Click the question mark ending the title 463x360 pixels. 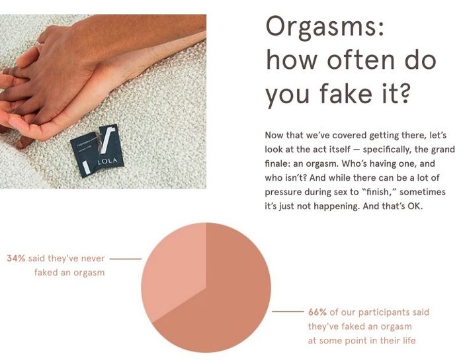coord(402,93)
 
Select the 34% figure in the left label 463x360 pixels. coord(17,258)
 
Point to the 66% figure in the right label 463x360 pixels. coord(317,312)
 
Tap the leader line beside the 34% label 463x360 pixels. coord(126,259)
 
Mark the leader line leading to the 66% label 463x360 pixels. coord(288,312)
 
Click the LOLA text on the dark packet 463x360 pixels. coord(107,161)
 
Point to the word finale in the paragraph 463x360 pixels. coord(276,163)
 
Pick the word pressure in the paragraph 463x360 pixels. coord(283,193)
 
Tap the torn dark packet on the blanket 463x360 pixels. coord(97,151)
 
